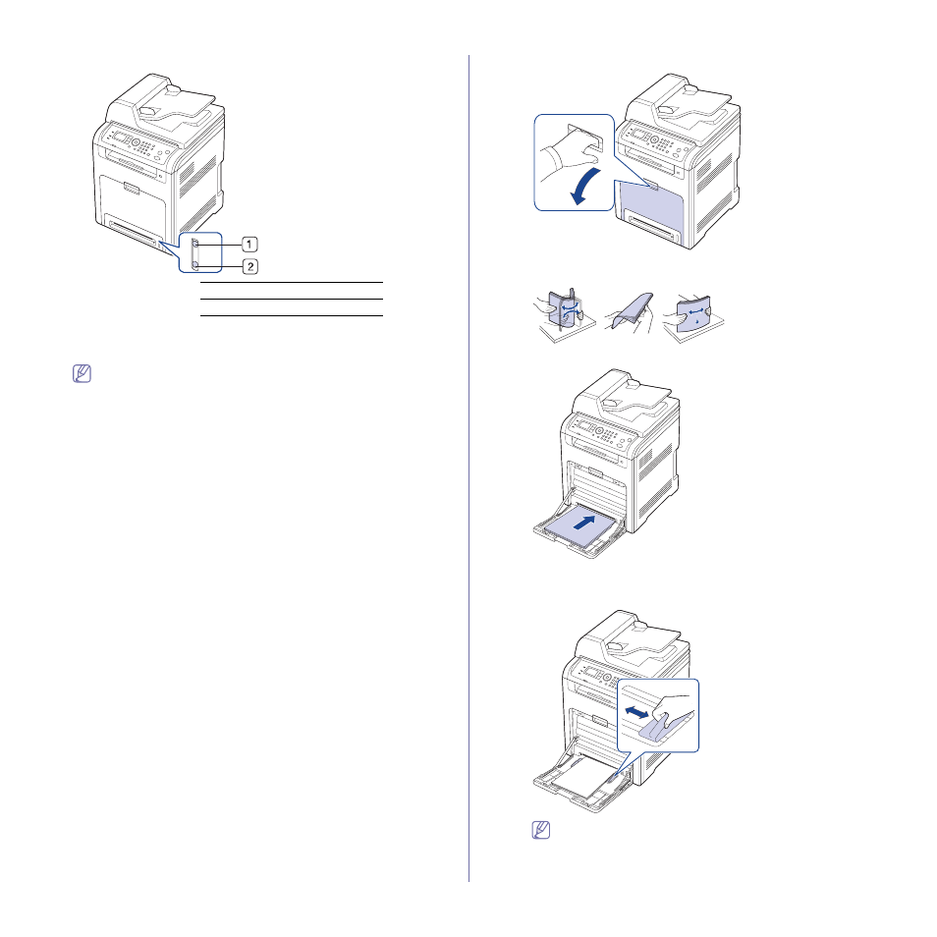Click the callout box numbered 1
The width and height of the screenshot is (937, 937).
[249, 245]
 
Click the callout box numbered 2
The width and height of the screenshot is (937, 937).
[250, 266]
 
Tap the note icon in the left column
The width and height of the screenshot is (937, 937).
[82, 373]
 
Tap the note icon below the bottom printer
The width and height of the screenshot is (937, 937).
[541, 830]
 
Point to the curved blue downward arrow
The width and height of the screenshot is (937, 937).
[583, 186]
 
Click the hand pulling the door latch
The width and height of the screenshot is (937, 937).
[568, 155]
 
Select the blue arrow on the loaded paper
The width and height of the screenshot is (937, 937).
[584, 523]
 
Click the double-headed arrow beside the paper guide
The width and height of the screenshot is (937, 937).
[636, 712]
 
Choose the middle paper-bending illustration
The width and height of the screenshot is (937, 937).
[631, 312]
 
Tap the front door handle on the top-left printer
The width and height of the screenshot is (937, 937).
[132, 189]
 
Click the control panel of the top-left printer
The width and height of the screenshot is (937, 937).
[138, 144]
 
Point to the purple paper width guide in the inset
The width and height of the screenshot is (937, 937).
[663, 729]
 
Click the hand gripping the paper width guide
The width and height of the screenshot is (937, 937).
[674, 707]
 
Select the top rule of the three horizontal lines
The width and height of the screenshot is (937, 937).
[291, 282]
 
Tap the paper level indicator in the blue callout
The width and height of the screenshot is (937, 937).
[194, 253]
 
